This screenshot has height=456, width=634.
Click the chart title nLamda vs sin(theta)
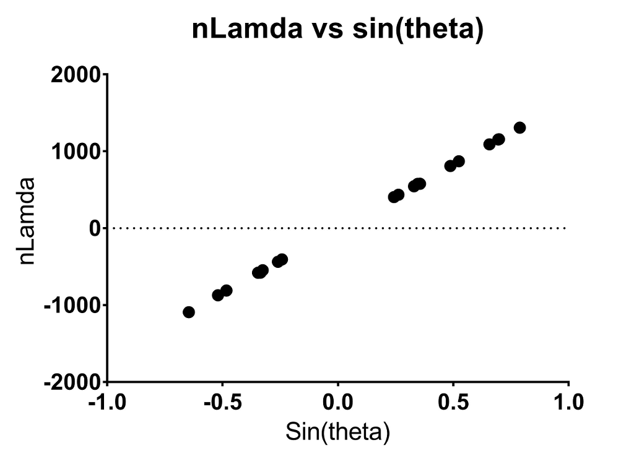coord(337,28)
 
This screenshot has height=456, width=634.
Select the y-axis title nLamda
coord(27,221)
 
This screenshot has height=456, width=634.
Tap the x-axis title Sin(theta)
coord(337,431)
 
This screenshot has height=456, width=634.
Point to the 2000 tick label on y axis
coord(76,75)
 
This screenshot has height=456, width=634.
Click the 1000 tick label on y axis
coord(76,152)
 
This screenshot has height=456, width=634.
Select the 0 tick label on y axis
coord(94,228)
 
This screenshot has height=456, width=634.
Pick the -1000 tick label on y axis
coord(72,305)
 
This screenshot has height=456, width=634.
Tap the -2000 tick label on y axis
coord(72,382)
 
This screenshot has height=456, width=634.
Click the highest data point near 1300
coord(519,127)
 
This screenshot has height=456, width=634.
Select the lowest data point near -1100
coord(189,312)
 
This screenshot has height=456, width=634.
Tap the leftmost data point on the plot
coord(189,312)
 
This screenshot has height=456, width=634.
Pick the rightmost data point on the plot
coord(519,127)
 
